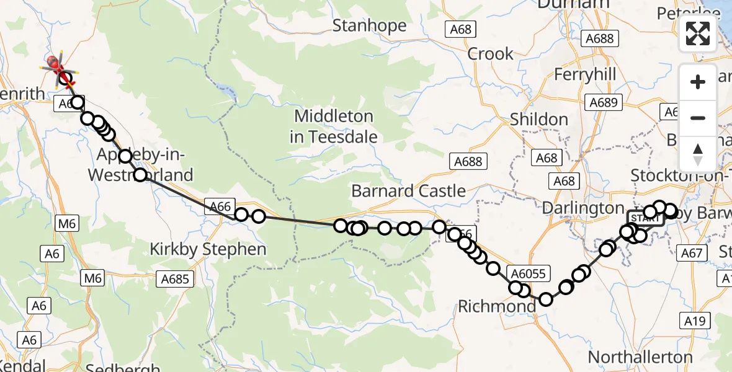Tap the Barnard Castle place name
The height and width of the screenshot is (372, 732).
click(408, 190)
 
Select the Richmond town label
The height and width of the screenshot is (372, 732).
click(496, 306)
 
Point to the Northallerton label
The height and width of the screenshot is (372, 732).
click(640, 357)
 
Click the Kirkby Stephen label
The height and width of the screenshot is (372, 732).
click(208, 250)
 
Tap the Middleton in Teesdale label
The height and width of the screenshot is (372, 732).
click(333, 126)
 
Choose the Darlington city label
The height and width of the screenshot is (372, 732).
click(583, 208)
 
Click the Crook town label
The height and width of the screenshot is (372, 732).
click(490, 54)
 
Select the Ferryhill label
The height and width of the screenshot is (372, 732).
click(585, 74)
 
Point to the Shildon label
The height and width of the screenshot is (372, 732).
click(538, 120)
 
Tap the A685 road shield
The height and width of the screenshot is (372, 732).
click(174, 279)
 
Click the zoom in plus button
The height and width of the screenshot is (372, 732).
click(698, 82)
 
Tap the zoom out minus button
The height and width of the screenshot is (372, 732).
click(698, 118)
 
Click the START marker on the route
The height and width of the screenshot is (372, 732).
click(645, 219)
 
